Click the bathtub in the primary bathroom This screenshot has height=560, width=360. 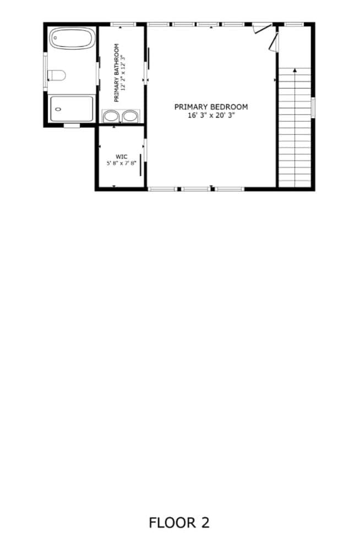pos(72,38)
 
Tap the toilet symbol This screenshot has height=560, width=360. pos(57,75)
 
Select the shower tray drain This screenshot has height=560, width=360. pos(58,109)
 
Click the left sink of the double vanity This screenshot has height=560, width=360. pos(111,116)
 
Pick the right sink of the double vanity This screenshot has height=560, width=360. pos(130,116)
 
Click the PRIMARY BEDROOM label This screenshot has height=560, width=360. pos(211,107)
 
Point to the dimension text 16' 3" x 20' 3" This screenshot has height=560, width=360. pos(211,116)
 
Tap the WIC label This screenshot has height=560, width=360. pos(122,157)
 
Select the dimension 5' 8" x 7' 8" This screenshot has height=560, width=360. pos(122,163)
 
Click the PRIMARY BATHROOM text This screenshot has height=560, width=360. pos(117,73)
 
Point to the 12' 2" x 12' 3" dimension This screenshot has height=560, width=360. pos(123,73)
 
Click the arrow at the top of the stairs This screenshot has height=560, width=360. pos(295,70)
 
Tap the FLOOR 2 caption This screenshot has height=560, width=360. pos(179,523)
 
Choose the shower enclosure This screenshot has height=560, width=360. pos(72,108)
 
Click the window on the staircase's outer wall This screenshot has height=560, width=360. pos(313,107)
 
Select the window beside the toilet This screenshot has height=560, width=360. pos(45,72)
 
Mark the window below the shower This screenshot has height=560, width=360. pos(72,125)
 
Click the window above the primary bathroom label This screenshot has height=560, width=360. pos(123,24)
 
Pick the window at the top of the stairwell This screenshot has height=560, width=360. pos(294,24)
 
